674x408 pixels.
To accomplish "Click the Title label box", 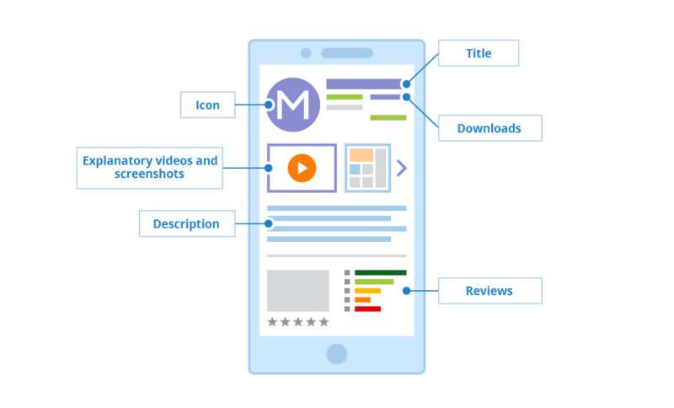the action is coord(479,53).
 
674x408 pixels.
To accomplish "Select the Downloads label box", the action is coord(490,127).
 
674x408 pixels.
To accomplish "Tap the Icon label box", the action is coord(207,105).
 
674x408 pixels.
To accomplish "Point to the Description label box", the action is coord(187,223).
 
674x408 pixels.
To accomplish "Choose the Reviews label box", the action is coord(490,291).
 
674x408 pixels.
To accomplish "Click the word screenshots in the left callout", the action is coord(149,174).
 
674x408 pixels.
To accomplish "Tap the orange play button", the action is coord(302,168).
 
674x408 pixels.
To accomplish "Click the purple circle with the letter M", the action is coord(292,105).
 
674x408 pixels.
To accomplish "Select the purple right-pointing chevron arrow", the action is coord(402,168).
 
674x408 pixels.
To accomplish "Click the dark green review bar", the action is coord(381,272).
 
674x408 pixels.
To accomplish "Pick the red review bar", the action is coord(367,309).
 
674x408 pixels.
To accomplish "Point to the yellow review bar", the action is coord(367,291).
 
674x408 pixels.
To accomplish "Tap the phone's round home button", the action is coord(336,354).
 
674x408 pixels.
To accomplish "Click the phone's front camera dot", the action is coord(306,53).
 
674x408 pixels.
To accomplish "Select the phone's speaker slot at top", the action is coord(347,53).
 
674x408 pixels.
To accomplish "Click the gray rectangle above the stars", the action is coord(298,291).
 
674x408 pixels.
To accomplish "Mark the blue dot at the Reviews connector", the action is coord(406,291).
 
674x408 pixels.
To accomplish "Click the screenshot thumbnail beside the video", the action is coord(367,168).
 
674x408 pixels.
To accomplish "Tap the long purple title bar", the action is coord(364,83).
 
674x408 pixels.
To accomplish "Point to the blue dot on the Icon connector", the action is coord(269,105).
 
